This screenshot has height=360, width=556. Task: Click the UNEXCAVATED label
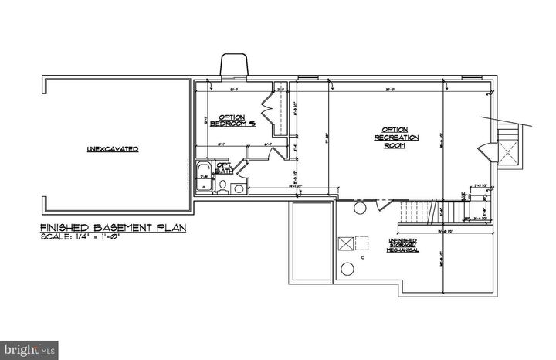tap(113, 148)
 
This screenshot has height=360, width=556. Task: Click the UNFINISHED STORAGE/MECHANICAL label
tap(403, 246)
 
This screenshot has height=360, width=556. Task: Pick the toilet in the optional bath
tap(221, 185)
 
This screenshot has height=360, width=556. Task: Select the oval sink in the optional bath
tap(239, 187)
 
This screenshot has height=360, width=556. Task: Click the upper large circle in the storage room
tap(359, 209)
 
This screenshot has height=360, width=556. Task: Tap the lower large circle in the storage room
tap(347, 268)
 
